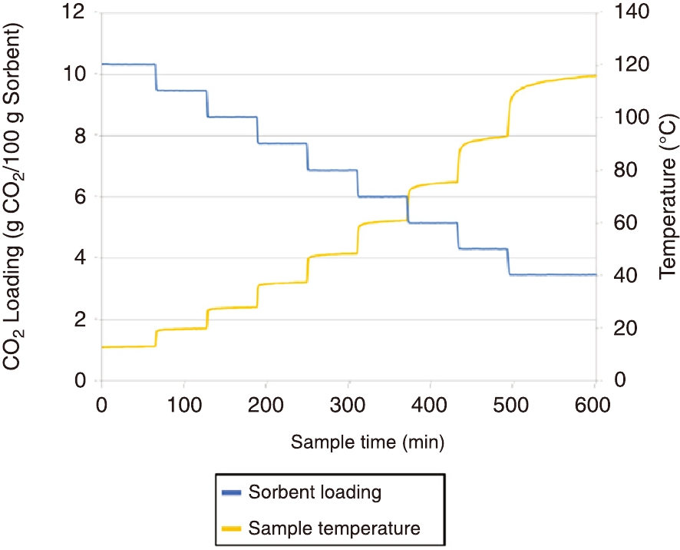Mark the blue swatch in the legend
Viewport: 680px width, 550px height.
pos(230,492)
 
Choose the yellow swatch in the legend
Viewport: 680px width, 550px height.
pos(230,528)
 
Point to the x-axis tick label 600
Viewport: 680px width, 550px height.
pos(596,405)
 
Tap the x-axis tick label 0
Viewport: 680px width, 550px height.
pos(101,405)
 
